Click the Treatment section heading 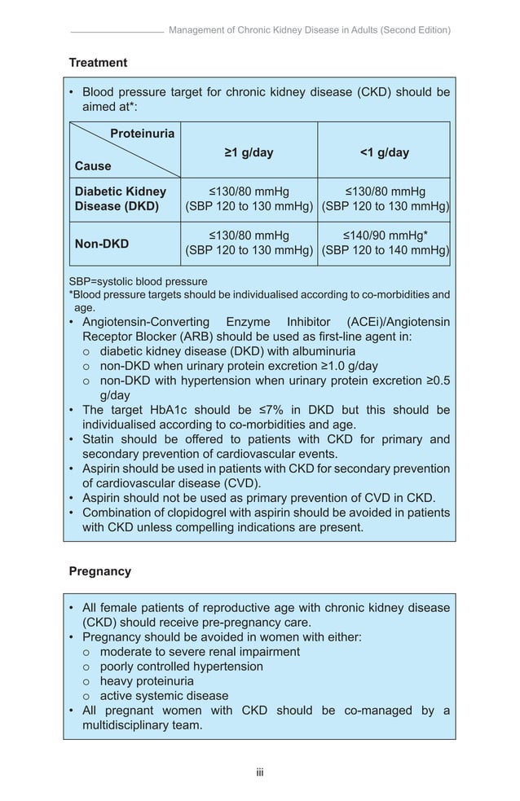(x=98, y=63)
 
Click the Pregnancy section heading (x=99, y=571)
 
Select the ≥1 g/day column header (x=249, y=152)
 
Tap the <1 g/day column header (x=384, y=152)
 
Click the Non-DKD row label (x=101, y=244)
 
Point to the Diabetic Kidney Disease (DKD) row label (x=120, y=199)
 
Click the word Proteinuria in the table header (x=142, y=134)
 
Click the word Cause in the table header (x=93, y=166)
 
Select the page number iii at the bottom (x=260, y=772)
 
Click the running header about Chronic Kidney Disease (x=309, y=30)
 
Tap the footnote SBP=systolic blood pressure (x=138, y=282)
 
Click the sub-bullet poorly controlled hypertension (x=181, y=667)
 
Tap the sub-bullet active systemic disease (x=164, y=696)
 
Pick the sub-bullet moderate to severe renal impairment (x=200, y=652)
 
